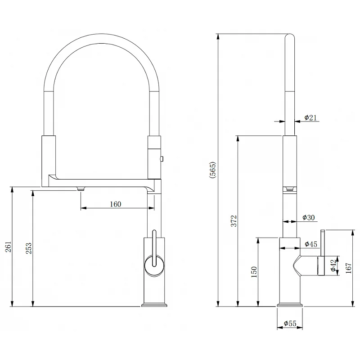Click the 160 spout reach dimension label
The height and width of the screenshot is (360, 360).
[115, 204]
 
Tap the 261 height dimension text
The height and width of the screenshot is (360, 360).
[8, 247]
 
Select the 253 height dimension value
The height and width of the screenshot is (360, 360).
[28, 248]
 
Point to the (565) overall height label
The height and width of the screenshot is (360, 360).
[212, 170]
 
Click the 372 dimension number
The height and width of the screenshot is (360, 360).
[234, 221]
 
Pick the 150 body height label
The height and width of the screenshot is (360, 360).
[254, 272]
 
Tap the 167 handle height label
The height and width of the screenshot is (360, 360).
[348, 268]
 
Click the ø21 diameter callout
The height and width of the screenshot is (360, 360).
[310, 117]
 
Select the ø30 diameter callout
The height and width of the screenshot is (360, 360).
[309, 217]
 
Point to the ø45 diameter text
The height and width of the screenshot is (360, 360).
[311, 244]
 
